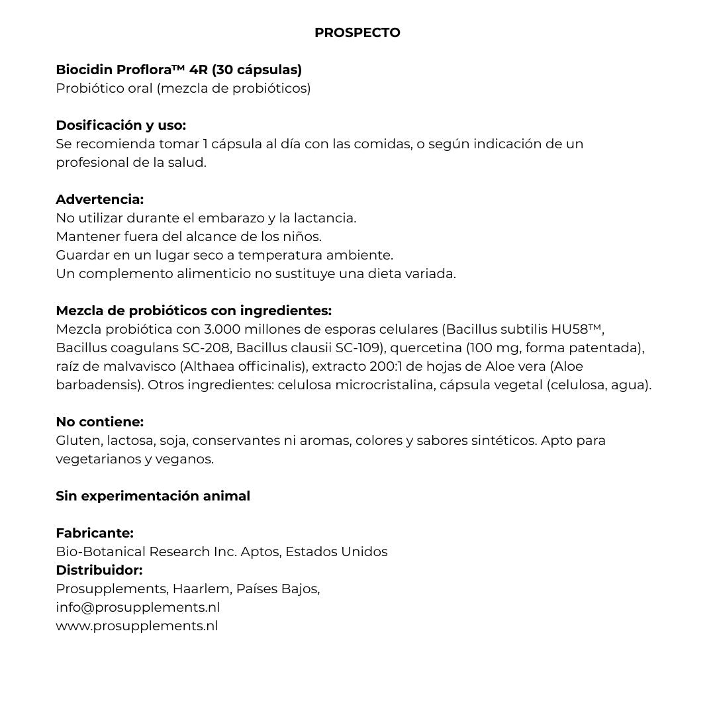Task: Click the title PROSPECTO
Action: tap(357, 32)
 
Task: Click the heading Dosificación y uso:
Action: tap(120, 125)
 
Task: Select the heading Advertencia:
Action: tap(99, 199)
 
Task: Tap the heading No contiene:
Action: tap(99, 422)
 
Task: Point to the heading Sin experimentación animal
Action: tap(153, 496)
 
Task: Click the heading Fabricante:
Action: tap(95, 533)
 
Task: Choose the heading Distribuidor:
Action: tap(99, 570)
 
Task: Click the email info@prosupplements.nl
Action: tap(138, 607)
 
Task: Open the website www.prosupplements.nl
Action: tap(137, 626)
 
